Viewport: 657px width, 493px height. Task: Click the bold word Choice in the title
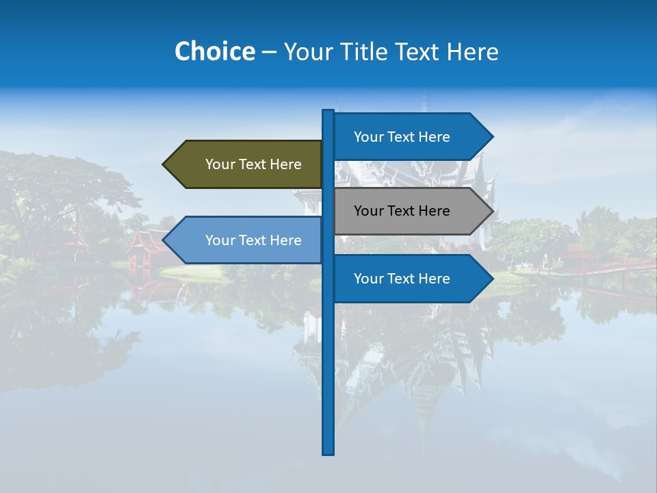click(214, 51)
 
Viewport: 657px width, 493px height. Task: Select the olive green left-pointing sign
click(246, 164)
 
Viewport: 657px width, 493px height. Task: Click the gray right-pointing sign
click(411, 211)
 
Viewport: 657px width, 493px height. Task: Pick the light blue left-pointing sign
click(246, 240)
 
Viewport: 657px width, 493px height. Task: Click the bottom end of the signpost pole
click(328, 452)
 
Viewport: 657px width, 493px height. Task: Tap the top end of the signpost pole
click(328, 112)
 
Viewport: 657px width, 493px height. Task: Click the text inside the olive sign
click(253, 164)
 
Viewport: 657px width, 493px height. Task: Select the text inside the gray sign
click(402, 211)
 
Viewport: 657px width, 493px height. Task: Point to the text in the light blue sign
click(253, 240)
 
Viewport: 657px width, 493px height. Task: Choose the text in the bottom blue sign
click(402, 279)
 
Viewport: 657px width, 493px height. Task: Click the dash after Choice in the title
click(269, 52)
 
